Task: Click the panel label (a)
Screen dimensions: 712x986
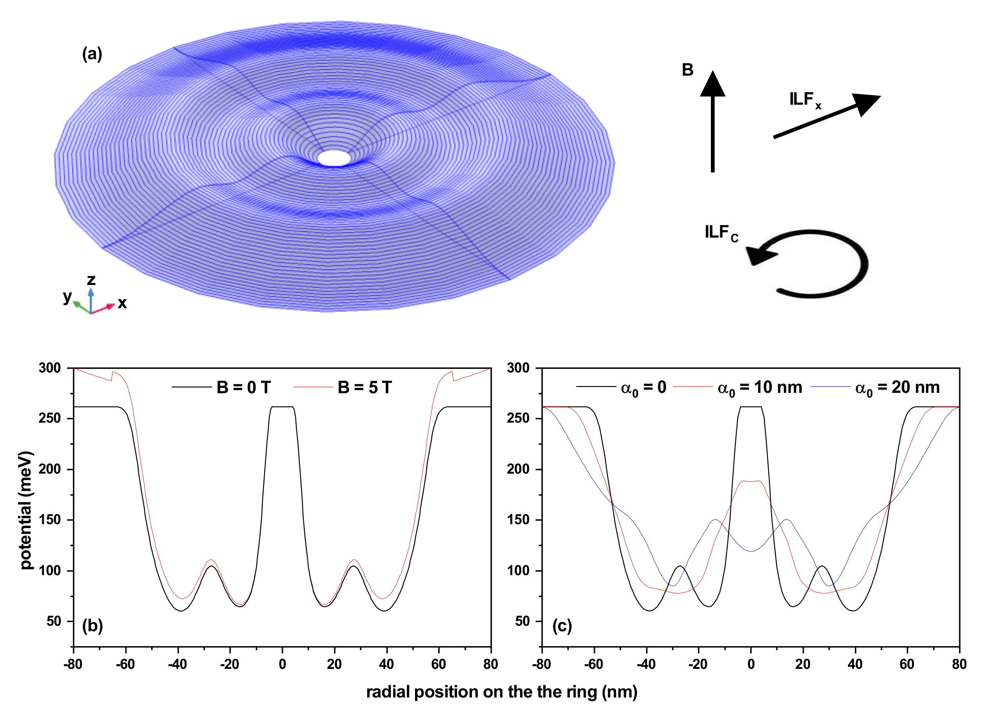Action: click(92, 54)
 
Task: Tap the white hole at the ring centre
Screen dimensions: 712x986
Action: click(334, 158)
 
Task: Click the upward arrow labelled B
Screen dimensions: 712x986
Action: click(712, 122)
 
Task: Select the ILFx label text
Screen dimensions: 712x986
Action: click(805, 100)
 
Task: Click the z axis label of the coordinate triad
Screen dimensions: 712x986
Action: click(91, 280)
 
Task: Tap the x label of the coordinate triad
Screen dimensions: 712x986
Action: click(123, 303)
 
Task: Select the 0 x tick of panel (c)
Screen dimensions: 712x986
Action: click(751, 664)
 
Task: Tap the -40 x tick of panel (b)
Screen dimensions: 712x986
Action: click(178, 664)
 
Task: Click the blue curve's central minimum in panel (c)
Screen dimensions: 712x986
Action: click(751, 551)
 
